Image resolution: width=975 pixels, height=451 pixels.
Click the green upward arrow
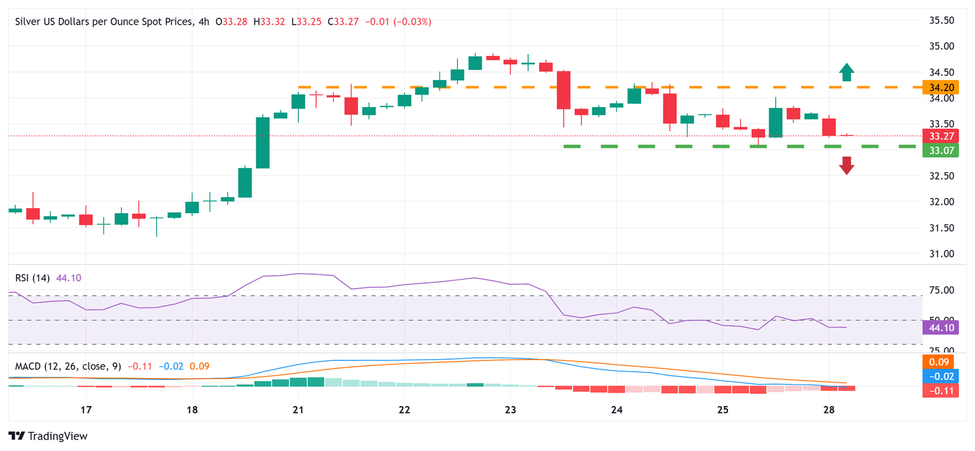(846, 72)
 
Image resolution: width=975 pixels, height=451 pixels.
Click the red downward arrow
(846, 165)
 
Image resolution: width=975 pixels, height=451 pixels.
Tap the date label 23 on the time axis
(510, 409)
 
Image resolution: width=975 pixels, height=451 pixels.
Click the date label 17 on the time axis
(86, 409)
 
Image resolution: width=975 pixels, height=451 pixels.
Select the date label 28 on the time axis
(829, 409)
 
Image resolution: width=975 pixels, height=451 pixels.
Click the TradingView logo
(48, 436)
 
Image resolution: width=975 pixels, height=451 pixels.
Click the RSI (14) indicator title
(32, 278)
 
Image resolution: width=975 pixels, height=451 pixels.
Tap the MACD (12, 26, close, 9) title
(68, 366)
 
